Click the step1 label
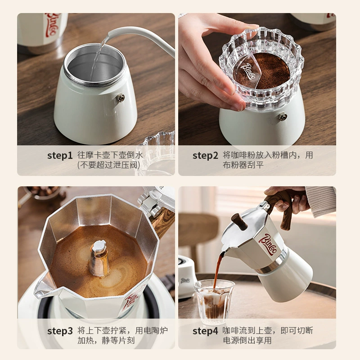click(60, 155)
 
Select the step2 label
click(205, 155)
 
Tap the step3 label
click(60, 331)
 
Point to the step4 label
click(205, 331)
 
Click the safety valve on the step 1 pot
click(121, 98)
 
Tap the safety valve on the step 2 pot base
click(283, 117)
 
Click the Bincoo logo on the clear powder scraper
click(248, 71)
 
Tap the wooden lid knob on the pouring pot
click(239, 221)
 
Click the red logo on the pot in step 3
click(131, 299)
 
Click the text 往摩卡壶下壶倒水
click(110, 155)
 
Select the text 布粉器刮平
click(243, 165)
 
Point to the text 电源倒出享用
click(247, 340)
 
